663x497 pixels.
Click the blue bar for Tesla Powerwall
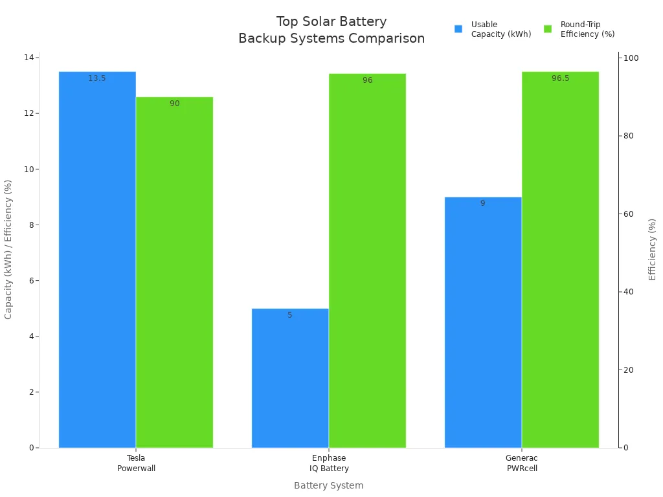click(97, 259)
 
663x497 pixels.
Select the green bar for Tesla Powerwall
click(174, 272)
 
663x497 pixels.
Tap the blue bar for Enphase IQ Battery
click(290, 378)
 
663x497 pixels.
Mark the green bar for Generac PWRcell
click(560, 259)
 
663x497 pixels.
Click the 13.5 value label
click(97, 78)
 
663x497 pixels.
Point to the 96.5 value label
click(560, 78)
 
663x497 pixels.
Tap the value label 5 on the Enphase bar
click(290, 315)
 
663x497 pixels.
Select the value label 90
click(174, 104)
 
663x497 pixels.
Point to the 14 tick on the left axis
click(28, 58)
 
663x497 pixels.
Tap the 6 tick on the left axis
click(30, 281)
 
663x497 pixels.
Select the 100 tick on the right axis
click(630, 58)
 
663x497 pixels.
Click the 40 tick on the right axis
click(628, 292)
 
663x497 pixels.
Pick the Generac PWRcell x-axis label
click(521, 463)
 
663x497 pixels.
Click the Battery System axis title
click(328, 485)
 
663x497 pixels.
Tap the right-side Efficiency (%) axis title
click(652, 249)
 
